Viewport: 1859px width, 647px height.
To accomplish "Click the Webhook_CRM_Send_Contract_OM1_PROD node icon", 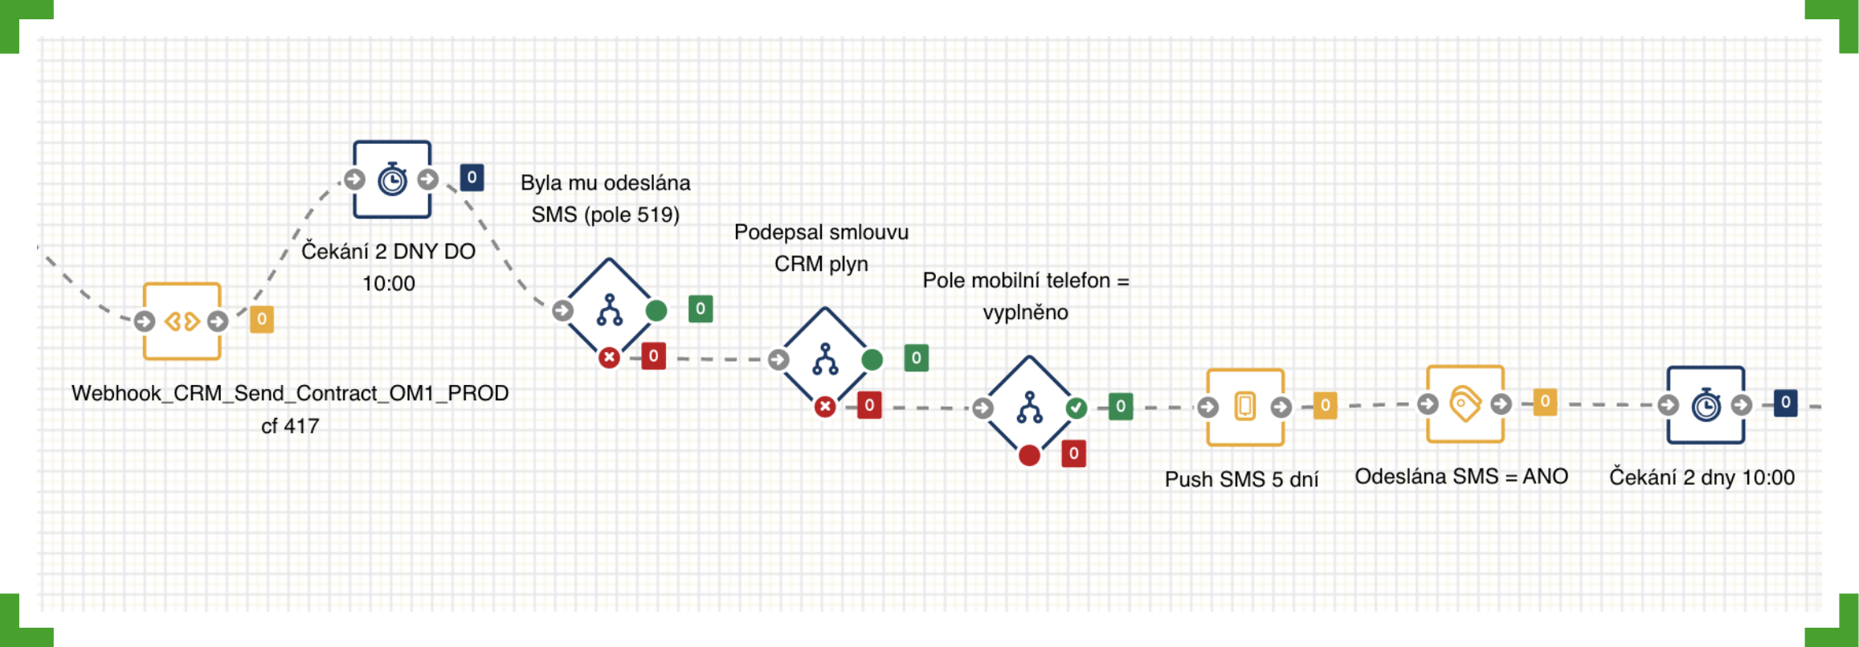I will (182, 321).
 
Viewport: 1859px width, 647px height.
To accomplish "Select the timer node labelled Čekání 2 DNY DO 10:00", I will (392, 179).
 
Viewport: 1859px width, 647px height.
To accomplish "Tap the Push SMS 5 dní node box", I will (1244, 407).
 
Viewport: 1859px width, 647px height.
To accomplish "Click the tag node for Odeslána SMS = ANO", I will (1465, 403).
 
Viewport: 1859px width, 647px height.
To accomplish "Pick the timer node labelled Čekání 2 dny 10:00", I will (1705, 404).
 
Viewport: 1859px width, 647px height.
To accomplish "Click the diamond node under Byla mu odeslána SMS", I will (609, 310).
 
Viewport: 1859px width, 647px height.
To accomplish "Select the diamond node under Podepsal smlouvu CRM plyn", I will (825, 359).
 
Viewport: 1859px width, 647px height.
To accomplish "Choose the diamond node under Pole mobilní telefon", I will (1029, 408).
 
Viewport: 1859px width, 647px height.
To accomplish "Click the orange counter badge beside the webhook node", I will (262, 319).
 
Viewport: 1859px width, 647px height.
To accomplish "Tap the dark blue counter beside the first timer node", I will (472, 177).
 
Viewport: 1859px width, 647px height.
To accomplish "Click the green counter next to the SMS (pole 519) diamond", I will (701, 309).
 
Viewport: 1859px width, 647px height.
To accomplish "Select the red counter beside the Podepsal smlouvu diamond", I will (869, 405).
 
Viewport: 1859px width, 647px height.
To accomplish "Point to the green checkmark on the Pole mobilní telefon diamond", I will (1077, 408).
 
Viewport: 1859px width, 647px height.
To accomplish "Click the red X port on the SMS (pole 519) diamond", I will (609, 357).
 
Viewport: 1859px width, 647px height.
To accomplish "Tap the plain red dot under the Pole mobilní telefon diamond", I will (1029, 456).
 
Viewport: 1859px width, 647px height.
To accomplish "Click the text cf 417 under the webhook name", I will (290, 426).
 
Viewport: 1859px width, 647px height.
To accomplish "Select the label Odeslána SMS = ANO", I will (1461, 477).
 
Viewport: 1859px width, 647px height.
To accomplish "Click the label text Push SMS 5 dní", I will (1241, 479).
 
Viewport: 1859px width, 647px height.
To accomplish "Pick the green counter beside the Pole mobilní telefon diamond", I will (1121, 407).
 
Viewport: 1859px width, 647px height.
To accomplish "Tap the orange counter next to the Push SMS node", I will (1326, 406).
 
